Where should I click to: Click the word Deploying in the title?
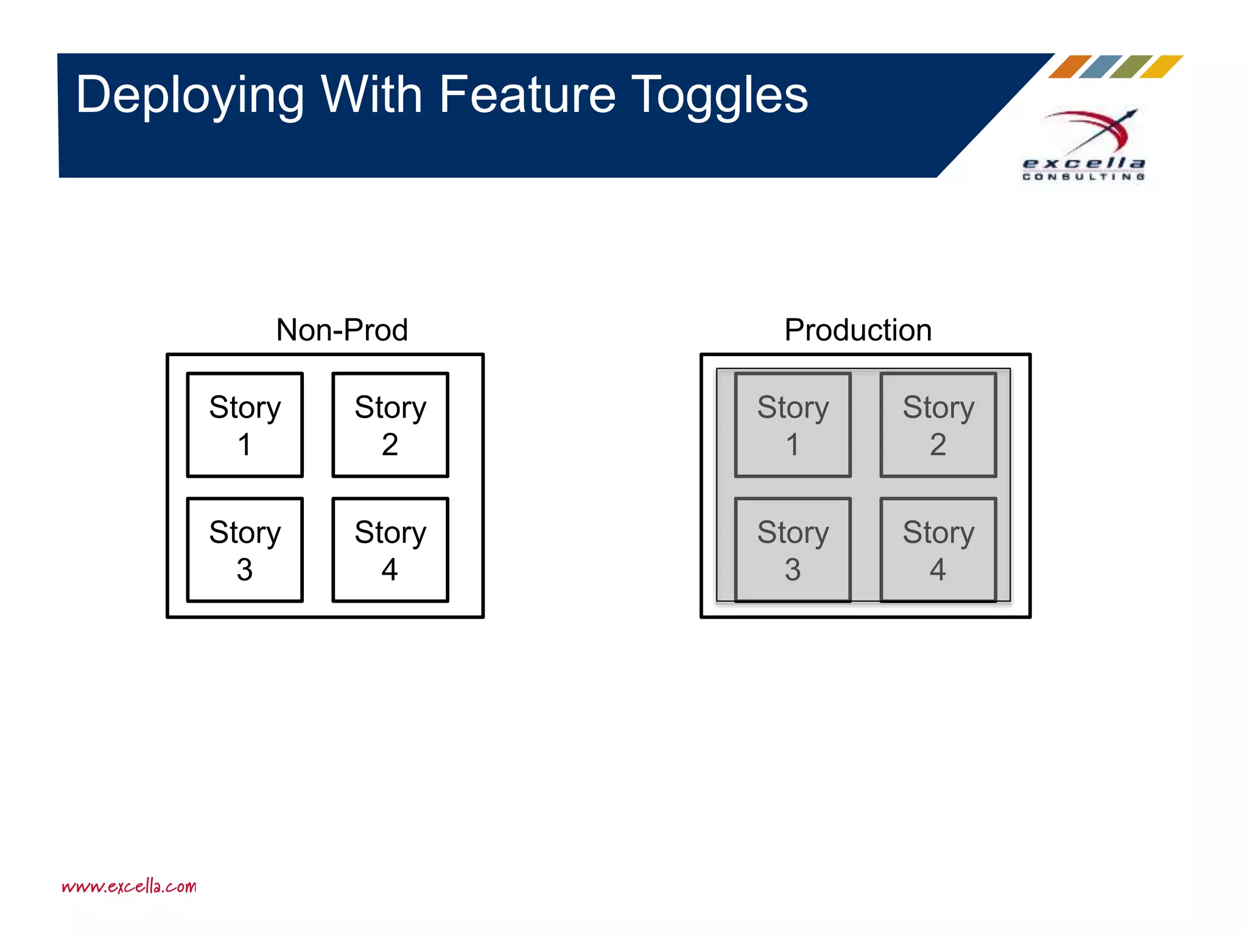(x=189, y=95)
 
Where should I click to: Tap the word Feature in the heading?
(x=527, y=95)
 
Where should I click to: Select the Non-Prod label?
(x=342, y=330)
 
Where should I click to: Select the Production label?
(x=858, y=330)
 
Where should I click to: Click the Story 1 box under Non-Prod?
(x=245, y=425)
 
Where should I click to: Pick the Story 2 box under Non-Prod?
(x=390, y=425)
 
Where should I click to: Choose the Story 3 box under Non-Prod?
(x=245, y=550)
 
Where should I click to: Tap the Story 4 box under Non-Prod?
(x=390, y=550)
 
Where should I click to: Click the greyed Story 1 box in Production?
(x=793, y=425)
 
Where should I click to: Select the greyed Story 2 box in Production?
(x=938, y=425)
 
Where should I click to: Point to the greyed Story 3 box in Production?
(x=793, y=550)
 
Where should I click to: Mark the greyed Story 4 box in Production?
(x=938, y=550)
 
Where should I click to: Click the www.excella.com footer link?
(x=129, y=886)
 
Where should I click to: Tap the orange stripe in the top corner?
(x=1070, y=67)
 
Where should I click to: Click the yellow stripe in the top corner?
(x=1161, y=67)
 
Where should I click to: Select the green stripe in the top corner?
(x=1131, y=67)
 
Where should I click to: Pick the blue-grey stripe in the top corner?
(x=1100, y=67)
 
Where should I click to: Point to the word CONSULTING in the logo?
(x=1083, y=177)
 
